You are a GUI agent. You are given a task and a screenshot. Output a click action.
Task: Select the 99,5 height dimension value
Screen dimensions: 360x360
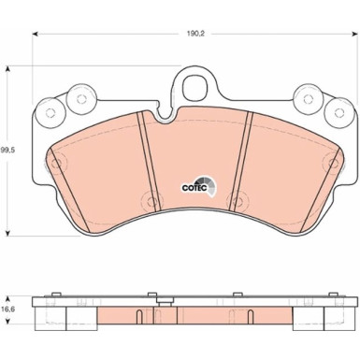click(x=8, y=148)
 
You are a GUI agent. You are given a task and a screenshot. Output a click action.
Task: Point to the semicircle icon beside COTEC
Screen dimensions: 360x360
click(x=212, y=185)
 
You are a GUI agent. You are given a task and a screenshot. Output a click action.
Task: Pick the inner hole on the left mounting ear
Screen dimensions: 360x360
click(x=77, y=95)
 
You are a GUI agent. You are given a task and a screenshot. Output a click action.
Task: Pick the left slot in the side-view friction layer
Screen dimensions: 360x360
click(x=138, y=316)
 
